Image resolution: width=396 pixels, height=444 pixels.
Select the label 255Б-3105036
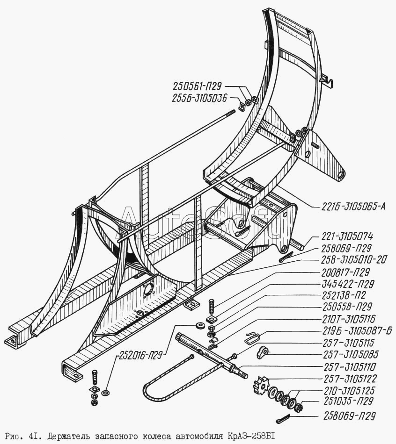coord(200,98)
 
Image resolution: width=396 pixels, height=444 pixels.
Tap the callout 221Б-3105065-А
coord(353,207)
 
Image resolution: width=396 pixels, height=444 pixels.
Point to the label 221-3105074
coord(347,236)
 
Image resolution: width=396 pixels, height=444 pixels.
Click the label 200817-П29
coord(345,272)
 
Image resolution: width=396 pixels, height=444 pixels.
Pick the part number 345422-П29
coord(348,284)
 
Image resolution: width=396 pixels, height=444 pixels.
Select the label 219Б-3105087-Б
coord(358,330)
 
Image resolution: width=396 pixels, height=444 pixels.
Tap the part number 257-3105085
coord(351,354)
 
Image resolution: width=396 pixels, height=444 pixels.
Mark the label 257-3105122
coord(350,379)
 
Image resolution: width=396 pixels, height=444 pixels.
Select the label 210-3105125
coord(349,390)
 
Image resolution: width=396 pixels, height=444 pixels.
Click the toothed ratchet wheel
coord(260,385)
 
